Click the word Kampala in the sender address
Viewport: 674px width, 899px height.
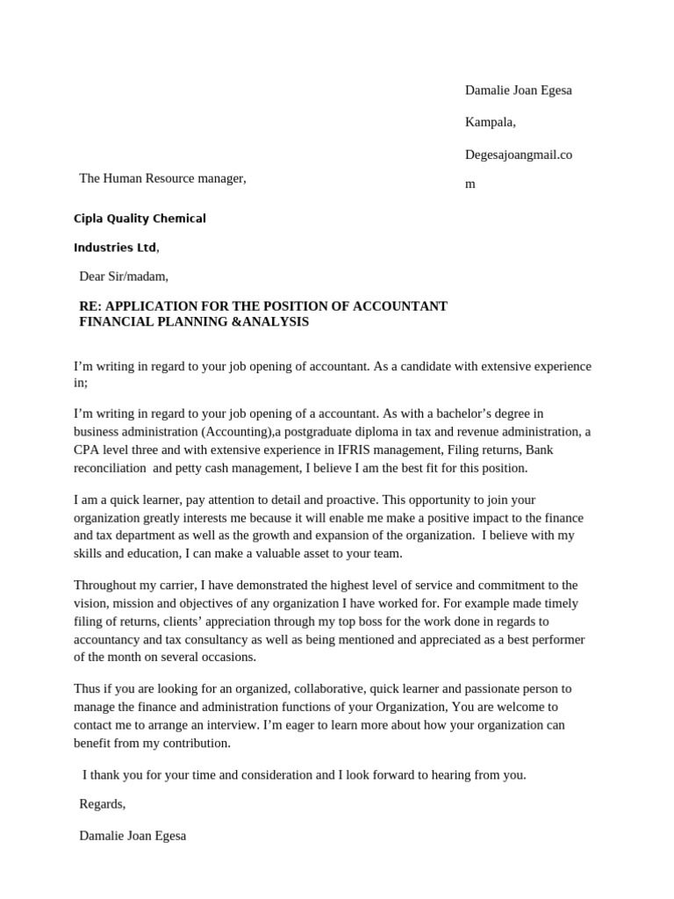(x=490, y=123)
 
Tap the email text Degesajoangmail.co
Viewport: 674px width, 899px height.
(x=518, y=155)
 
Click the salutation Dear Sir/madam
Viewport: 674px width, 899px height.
(x=123, y=277)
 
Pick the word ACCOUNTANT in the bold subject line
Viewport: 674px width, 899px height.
(x=400, y=306)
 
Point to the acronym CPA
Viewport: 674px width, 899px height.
(x=86, y=450)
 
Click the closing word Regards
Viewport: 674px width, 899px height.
(x=102, y=804)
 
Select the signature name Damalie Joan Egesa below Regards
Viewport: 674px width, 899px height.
(x=133, y=836)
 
